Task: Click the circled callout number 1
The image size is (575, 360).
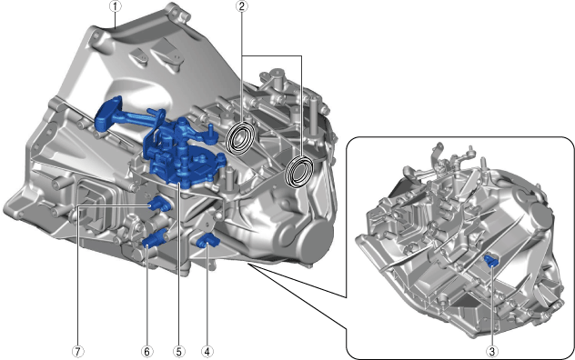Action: click(x=116, y=6)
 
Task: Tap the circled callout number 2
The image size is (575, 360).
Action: click(x=242, y=6)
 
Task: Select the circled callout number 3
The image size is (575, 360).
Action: click(x=492, y=352)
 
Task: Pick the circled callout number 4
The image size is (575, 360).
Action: click(x=207, y=352)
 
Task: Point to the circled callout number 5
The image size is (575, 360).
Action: click(x=178, y=352)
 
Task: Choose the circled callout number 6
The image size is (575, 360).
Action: click(x=146, y=352)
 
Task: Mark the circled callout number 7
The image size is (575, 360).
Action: click(x=77, y=352)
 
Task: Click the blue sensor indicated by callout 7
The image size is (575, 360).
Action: click(x=159, y=204)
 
